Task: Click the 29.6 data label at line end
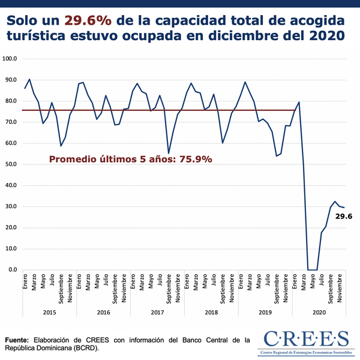click(x=343, y=216)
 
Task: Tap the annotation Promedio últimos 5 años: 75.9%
click(x=130, y=160)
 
